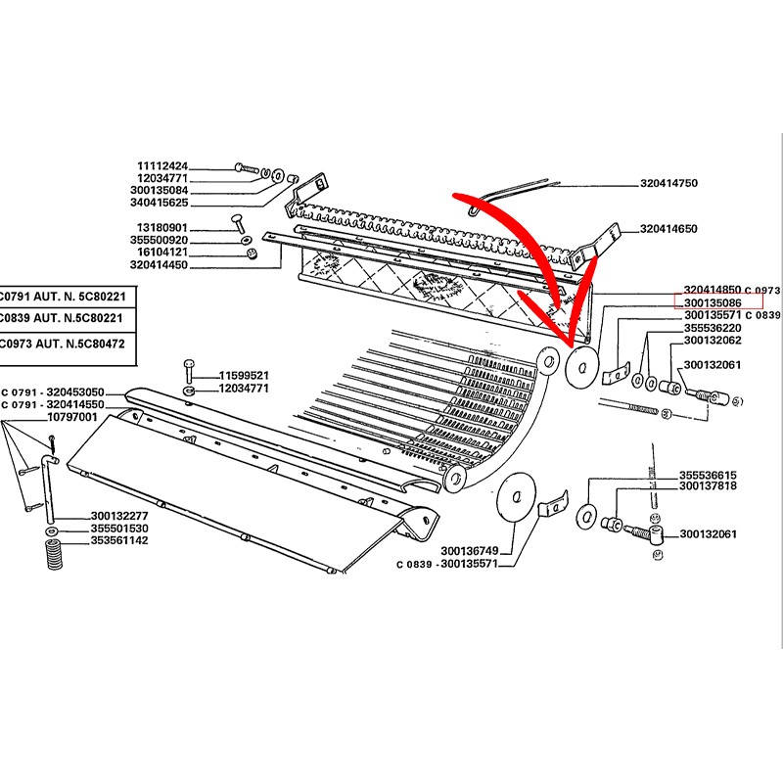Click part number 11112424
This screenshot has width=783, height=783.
coord(162,165)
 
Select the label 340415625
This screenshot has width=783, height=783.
coord(160,203)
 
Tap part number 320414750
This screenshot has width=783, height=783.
coord(668,183)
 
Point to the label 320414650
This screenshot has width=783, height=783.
coord(668,229)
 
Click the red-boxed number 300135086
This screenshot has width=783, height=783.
coord(713,303)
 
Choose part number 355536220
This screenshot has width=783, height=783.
coord(713,328)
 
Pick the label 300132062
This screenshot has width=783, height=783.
coord(713,341)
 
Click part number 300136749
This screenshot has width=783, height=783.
coord(470,551)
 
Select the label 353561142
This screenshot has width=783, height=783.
coord(119,540)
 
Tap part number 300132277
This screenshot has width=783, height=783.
coord(119,516)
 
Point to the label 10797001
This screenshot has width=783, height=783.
coord(71,417)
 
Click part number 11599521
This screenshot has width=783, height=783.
coord(244,376)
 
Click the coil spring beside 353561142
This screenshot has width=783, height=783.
coord(53,554)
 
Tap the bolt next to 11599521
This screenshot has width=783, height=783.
coord(189,370)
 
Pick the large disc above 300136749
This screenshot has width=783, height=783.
coord(517,497)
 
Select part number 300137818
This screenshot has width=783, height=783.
coord(708,485)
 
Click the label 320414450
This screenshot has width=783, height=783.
coord(159,265)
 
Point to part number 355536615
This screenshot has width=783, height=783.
coord(708,476)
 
